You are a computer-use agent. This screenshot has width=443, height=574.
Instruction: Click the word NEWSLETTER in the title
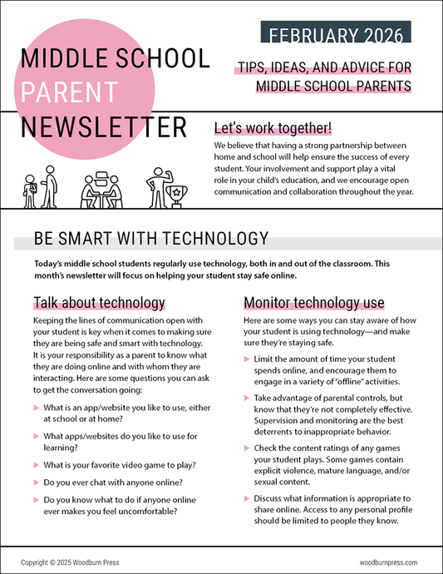(x=104, y=127)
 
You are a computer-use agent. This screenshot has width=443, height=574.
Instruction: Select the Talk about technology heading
(x=99, y=301)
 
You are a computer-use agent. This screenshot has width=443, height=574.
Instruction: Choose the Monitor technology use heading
(x=312, y=301)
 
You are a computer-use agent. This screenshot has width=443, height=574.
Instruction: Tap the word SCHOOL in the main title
(x=165, y=58)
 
